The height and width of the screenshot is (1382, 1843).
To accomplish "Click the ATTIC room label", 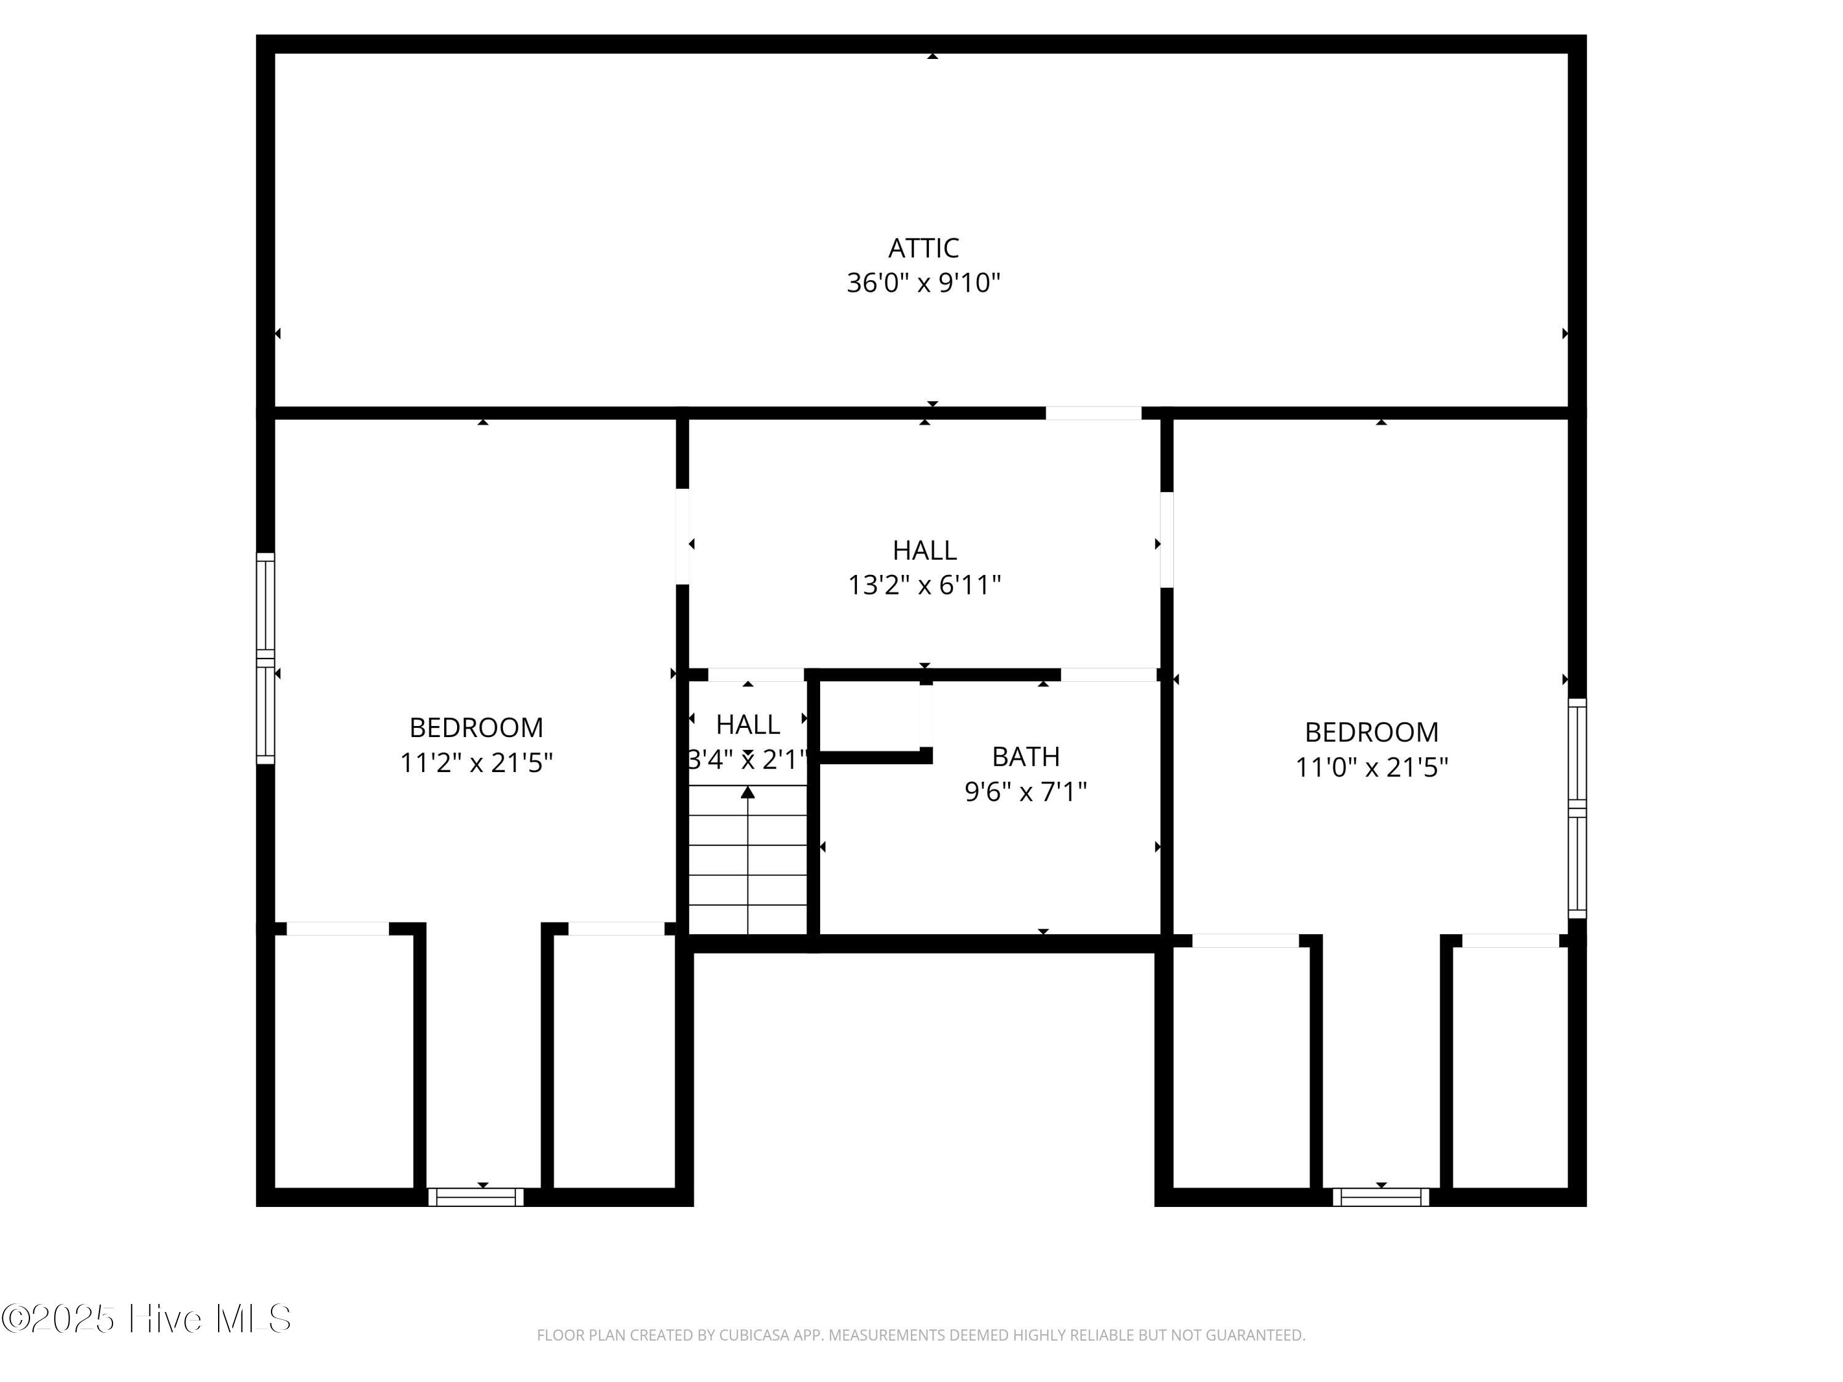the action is (923, 248).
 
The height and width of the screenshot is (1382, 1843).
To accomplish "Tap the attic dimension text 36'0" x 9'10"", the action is (923, 283).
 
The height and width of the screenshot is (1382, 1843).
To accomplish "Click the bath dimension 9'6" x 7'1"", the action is (1026, 791).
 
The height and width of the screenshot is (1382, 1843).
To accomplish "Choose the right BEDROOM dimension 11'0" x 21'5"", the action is (1371, 767).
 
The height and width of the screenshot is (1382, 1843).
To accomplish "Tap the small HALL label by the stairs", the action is (748, 725).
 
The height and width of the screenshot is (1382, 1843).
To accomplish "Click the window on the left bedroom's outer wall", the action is (265, 658).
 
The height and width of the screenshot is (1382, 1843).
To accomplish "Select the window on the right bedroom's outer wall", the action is (1577, 808).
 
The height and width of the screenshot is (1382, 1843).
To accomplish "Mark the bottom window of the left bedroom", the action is (475, 1197).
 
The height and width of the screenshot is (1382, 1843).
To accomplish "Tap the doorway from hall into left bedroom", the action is (683, 536).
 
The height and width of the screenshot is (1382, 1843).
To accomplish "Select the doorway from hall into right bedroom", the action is (1167, 540).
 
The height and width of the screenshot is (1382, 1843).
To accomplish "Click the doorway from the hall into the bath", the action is (1108, 675).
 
